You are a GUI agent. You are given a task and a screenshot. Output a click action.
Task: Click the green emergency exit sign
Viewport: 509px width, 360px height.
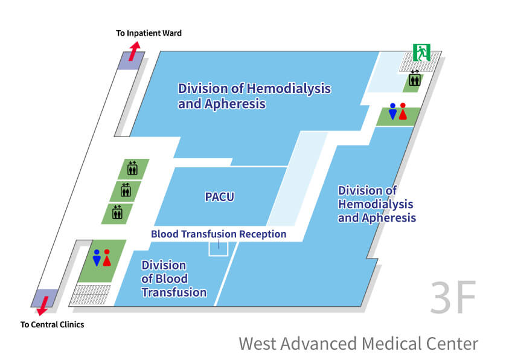tap(421, 53)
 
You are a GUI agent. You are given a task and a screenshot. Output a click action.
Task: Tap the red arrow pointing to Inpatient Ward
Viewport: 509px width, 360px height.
tap(134, 51)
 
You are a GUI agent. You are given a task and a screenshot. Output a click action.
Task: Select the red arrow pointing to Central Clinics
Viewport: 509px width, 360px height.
tap(43, 306)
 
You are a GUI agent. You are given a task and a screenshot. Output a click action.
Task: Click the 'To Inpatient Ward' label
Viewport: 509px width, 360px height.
tap(149, 33)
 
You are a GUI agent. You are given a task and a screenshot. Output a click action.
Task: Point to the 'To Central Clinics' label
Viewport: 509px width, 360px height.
tap(53, 324)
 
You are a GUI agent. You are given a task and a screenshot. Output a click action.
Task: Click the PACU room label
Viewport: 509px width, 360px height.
tap(219, 197)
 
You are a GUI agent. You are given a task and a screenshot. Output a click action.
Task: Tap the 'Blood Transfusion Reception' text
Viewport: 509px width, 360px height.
tap(219, 234)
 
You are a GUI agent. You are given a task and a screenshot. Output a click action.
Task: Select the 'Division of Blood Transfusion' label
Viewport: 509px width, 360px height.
tap(174, 278)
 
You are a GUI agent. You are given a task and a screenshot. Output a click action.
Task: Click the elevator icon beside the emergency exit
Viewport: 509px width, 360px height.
tap(415, 78)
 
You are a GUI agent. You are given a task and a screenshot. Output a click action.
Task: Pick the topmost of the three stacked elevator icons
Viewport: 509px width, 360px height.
tap(132, 168)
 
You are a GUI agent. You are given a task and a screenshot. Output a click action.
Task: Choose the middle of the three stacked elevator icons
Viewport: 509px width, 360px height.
tap(126, 190)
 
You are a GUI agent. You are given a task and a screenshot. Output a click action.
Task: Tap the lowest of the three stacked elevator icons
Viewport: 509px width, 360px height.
tap(117, 211)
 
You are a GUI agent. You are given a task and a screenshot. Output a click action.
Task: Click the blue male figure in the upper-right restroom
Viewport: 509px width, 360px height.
tap(393, 111)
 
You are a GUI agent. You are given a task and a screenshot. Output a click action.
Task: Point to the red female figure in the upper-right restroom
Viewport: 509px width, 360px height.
tap(403, 111)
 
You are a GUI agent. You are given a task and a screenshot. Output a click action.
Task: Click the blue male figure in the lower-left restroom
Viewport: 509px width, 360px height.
tap(97, 258)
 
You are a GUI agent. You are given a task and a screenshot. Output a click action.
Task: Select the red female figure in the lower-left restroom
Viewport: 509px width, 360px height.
tap(107, 258)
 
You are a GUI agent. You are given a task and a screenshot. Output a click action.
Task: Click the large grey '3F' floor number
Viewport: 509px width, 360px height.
tap(453, 297)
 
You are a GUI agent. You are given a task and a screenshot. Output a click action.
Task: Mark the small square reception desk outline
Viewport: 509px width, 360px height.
tap(218, 248)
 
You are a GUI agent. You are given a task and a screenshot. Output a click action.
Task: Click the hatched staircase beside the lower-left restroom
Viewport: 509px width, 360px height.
tap(91, 295)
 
